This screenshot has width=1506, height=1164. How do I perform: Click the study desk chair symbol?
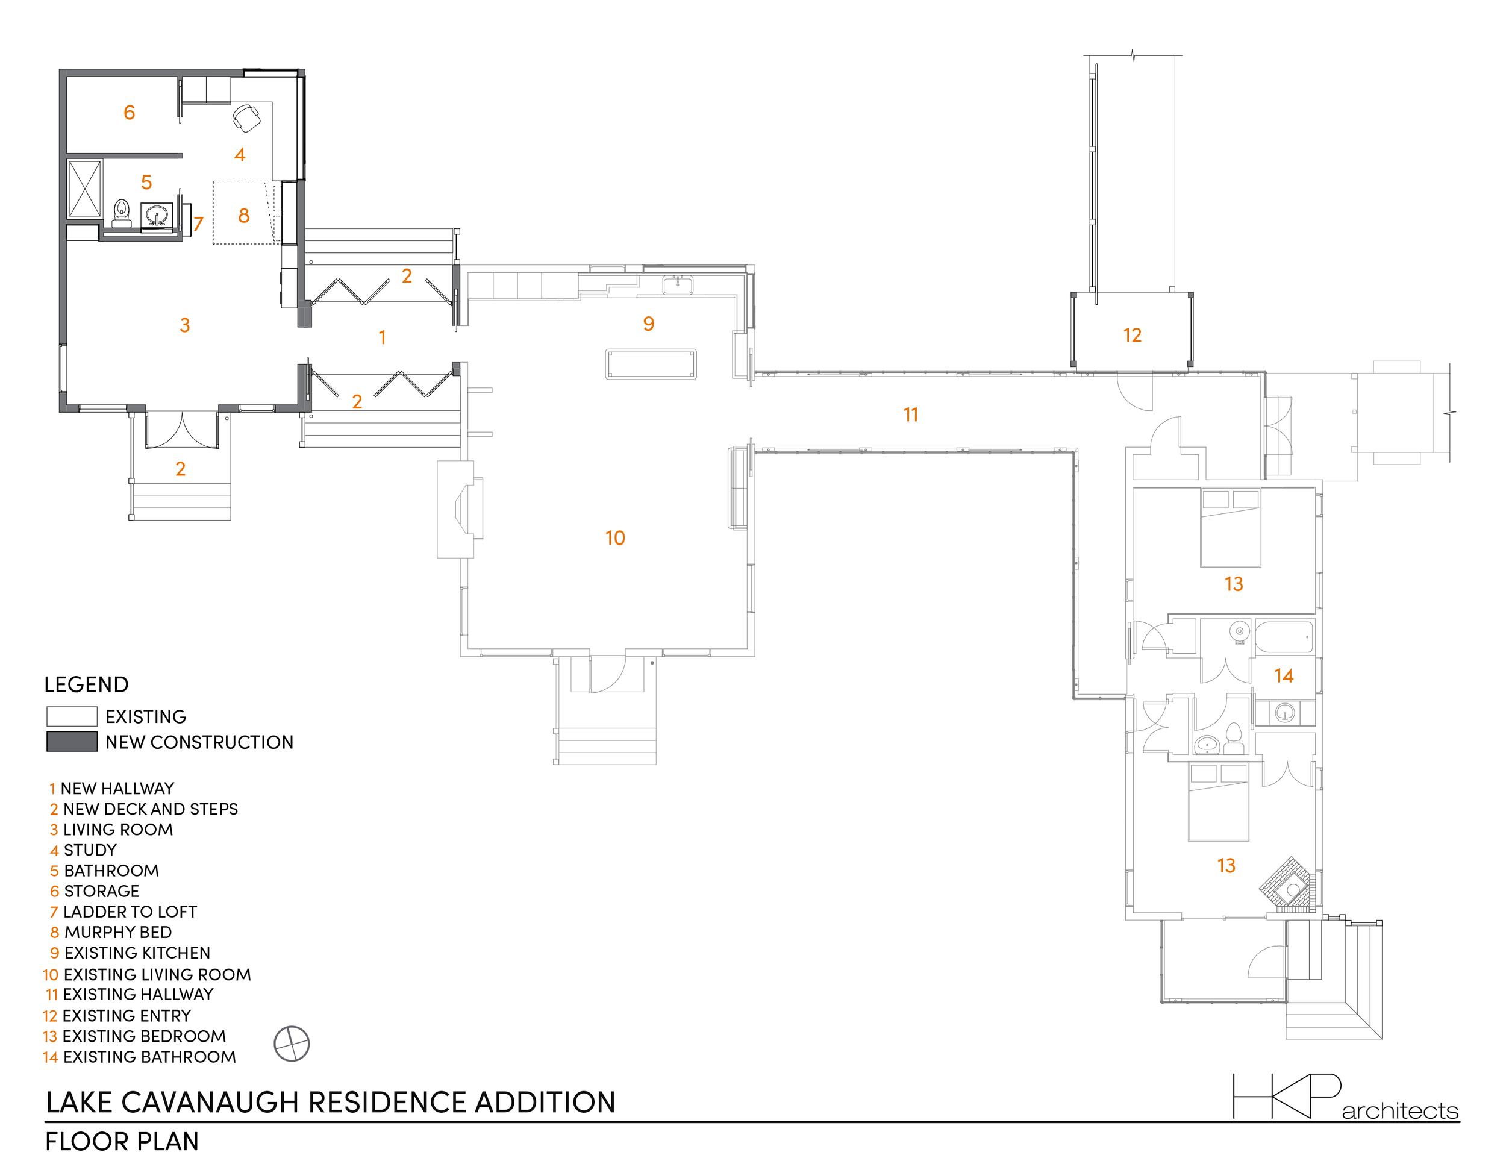tap(246, 117)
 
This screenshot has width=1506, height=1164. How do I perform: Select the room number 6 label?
tap(129, 113)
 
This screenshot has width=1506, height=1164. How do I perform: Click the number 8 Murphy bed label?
tap(243, 216)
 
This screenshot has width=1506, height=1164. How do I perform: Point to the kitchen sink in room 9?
tap(677, 284)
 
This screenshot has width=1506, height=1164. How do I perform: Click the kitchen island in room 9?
tap(650, 364)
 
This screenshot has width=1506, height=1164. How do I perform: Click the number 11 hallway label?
tap(911, 415)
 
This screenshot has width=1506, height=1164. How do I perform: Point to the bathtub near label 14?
tap(1284, 636)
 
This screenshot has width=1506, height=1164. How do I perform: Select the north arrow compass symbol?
tap(292, 1044)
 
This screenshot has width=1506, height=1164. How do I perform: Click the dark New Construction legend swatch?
tap(72, 742)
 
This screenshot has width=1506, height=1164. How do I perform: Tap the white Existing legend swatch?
tap(72, 716)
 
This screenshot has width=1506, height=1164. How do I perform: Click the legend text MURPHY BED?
tap(118, 932)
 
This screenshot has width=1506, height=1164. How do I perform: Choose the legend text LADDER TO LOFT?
tap(130, 912)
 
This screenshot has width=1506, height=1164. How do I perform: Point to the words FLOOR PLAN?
tap(122, 1142)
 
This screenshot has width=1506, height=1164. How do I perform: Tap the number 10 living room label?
tap(615, 538)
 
